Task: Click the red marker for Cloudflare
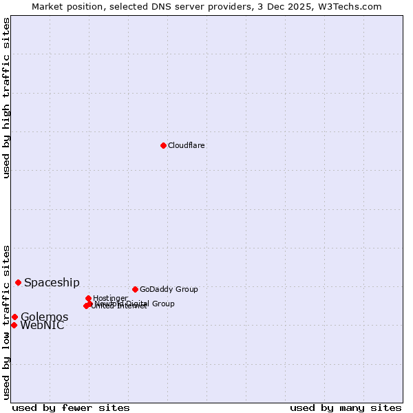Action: [163, 145]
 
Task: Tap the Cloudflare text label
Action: [187, 146]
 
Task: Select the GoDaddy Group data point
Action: [135, 289]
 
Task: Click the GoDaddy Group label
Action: [169, 290]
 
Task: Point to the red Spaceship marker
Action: [18, 282]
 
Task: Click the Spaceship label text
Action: [52, 283]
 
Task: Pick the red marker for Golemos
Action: [14, 317]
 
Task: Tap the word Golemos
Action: [44, 317]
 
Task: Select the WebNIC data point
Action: [14, 325]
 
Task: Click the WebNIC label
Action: [42, 326]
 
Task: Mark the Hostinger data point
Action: [89, 298]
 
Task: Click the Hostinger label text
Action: [110, 299]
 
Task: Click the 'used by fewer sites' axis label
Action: [71, 407]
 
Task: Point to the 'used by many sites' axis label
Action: [346, 407]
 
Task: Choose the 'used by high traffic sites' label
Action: [6, 98]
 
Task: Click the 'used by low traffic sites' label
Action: [6, 321]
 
